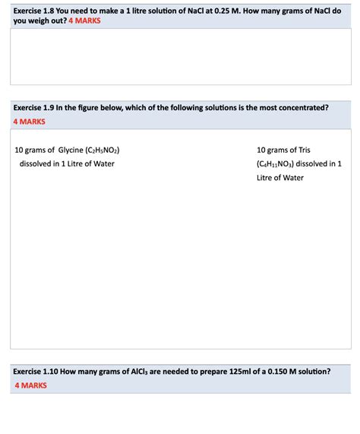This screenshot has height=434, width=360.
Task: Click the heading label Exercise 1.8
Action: [36, 8]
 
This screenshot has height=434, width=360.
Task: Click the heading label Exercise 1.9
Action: [36, 109]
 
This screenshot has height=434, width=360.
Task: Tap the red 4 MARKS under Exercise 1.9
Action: [30, 122]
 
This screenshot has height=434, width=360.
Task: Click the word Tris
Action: [303, 150]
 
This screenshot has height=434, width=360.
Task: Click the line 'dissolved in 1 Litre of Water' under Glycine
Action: [67, 163]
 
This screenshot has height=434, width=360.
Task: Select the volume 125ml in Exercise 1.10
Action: [226, 372]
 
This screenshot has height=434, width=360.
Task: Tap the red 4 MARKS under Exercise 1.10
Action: [31, 385]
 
